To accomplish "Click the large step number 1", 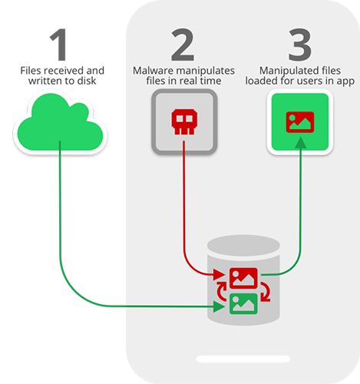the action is point(59,45).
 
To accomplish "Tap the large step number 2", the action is point(183,45).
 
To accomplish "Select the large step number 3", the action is point(300,45).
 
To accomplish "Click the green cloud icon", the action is point(60,122).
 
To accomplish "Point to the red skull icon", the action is point(184,121).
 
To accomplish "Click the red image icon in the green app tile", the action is point(300,122).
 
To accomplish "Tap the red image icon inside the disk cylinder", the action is point(243,278).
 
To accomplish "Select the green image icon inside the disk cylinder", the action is point(243,304).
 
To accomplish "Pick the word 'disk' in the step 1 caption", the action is point(87,81).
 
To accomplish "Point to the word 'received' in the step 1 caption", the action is point(64,71).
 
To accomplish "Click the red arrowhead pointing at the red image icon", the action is point(219,275).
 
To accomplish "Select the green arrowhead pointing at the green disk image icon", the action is point(219,306).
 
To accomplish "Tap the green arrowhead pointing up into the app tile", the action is point(300,143).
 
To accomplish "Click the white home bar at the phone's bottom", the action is point(243,359).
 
